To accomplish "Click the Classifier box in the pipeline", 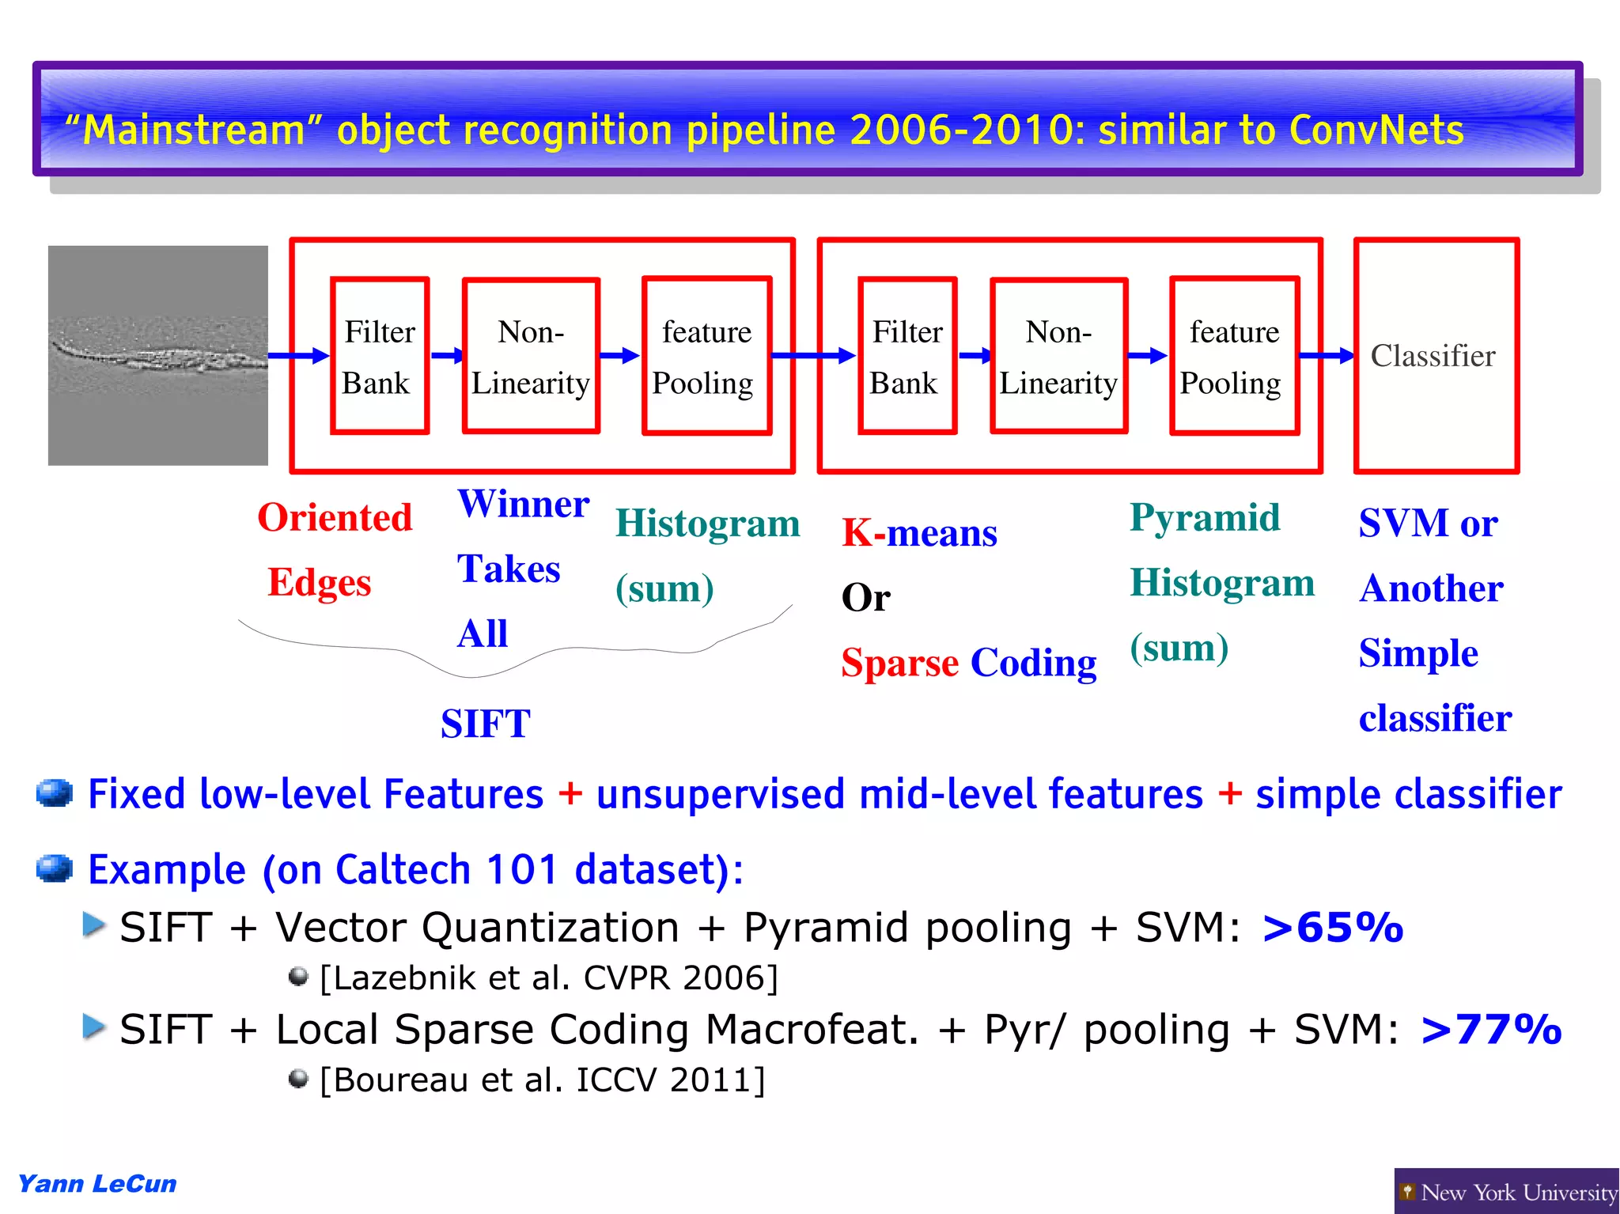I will point(1436,356).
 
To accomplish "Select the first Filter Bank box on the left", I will point(380,356).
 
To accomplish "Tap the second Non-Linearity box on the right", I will point(1058,356).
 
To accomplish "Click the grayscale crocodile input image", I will point(158,356).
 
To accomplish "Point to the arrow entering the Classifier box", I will point(1327,356).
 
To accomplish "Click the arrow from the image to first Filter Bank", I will point(298,356).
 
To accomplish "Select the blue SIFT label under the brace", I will point(485,724).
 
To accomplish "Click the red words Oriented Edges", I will point(334,550).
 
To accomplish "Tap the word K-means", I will point(919,533).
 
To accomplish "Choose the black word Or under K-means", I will point(865,598).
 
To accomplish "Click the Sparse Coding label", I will point(969,663).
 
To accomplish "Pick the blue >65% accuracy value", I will point(1333,928).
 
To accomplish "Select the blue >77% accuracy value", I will point(1491,1030).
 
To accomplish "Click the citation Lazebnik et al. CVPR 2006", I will point(549,978).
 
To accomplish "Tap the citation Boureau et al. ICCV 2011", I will point(543,1080).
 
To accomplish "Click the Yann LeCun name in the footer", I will point(97,1184).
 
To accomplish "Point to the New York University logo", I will point(1507,1192).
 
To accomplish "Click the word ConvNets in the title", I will point(1376,130).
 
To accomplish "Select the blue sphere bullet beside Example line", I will point(55,868).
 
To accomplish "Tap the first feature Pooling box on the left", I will point(706,356).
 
